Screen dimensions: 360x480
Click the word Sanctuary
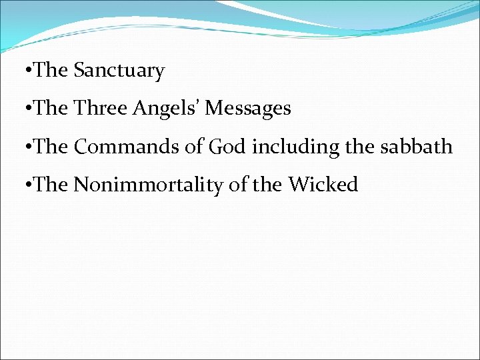[119, 71]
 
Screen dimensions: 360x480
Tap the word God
[229, 146]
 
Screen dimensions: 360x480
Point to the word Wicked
[323, 184]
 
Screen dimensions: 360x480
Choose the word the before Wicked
[267, 184]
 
